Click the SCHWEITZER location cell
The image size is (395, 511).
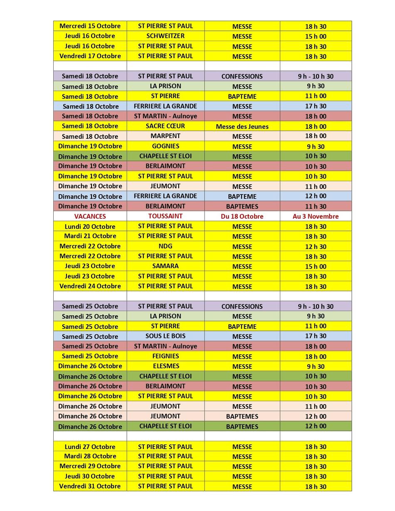coord(165,36)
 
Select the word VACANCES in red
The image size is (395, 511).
coord(90,216)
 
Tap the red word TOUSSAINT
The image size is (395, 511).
coord(165,216)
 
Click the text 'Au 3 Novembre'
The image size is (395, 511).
coord(316,216)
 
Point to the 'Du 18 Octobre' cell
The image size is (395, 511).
coord(242,216)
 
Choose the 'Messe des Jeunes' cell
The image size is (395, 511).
coord(242,126)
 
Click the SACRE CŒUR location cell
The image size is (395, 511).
coord(165,126)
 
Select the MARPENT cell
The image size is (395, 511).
coord(165,136)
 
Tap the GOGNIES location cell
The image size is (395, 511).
coord(165,146)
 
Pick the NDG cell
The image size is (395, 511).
coord(165,246)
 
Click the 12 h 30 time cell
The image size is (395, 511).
coord(316,246)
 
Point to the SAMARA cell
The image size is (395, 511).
coord(165,266)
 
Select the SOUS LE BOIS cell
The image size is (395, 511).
coord(165,336)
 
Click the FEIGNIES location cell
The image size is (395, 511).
coord(165,356)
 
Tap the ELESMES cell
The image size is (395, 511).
coord(165,366)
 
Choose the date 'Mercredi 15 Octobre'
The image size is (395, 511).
coord(90,26)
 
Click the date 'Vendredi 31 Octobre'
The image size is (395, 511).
coord(90,486)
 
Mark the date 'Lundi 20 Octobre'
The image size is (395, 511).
coord(90,227)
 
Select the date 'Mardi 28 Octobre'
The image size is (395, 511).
coord(90,457)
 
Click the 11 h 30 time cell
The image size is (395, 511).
coord(316,206)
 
